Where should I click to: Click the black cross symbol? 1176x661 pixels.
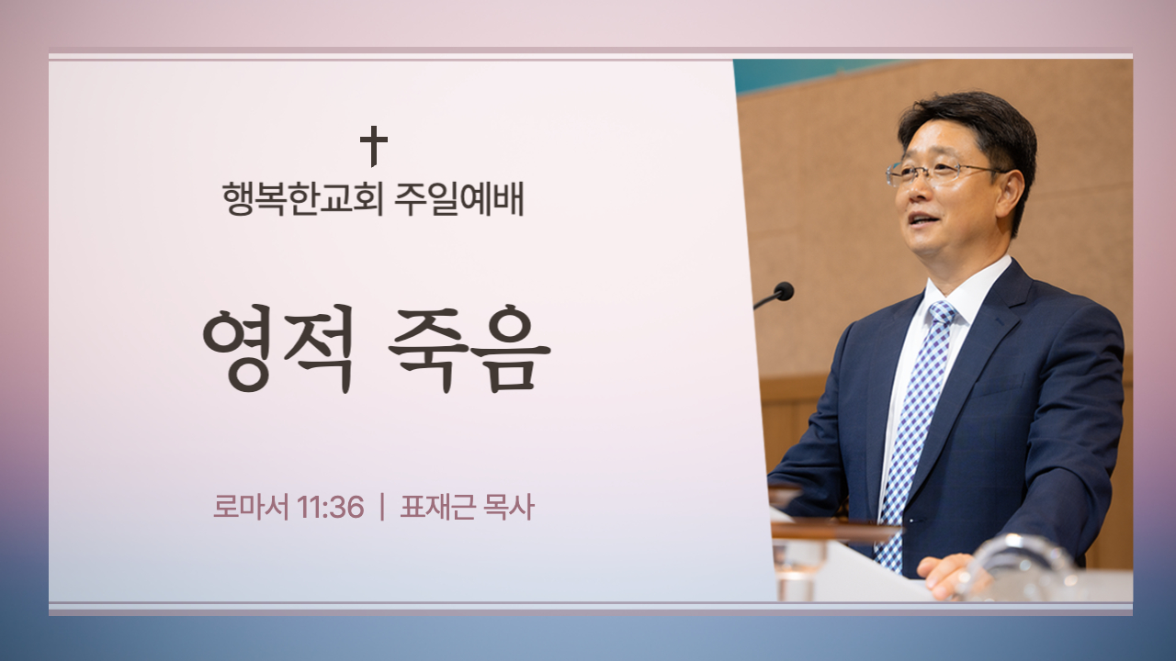pos(374,146)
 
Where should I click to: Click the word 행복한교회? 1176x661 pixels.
pos(302,199)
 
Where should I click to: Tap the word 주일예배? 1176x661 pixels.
pos(458,199)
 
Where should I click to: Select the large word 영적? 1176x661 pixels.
pos(278,348)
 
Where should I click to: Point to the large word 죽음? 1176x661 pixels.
pos(469,348)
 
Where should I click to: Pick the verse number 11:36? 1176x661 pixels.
pos(330,508)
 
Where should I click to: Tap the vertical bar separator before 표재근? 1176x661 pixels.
pos(381,508)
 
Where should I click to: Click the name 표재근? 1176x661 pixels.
pos(436,508)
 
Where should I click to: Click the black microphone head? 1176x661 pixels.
pos(784,291)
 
